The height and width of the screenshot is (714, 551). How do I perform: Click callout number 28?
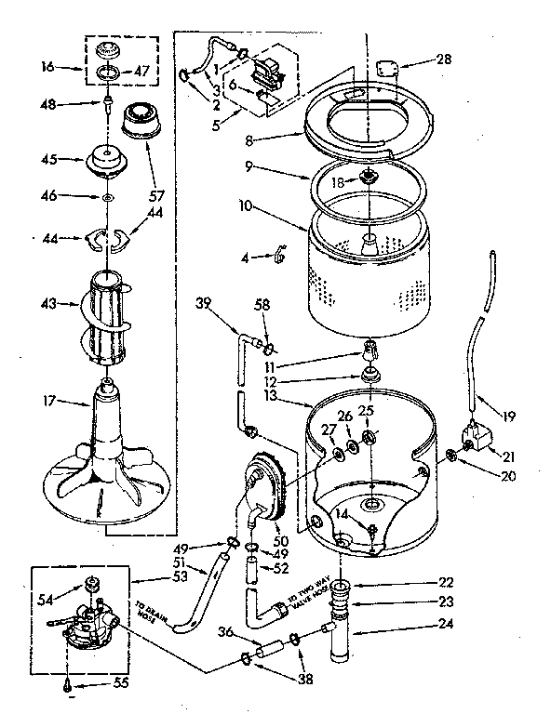coord(444,59)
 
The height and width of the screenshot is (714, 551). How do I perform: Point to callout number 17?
coord(52,402)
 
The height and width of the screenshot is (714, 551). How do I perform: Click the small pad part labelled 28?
coord(388,66)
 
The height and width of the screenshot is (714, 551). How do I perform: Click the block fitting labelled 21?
coord(477,433)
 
